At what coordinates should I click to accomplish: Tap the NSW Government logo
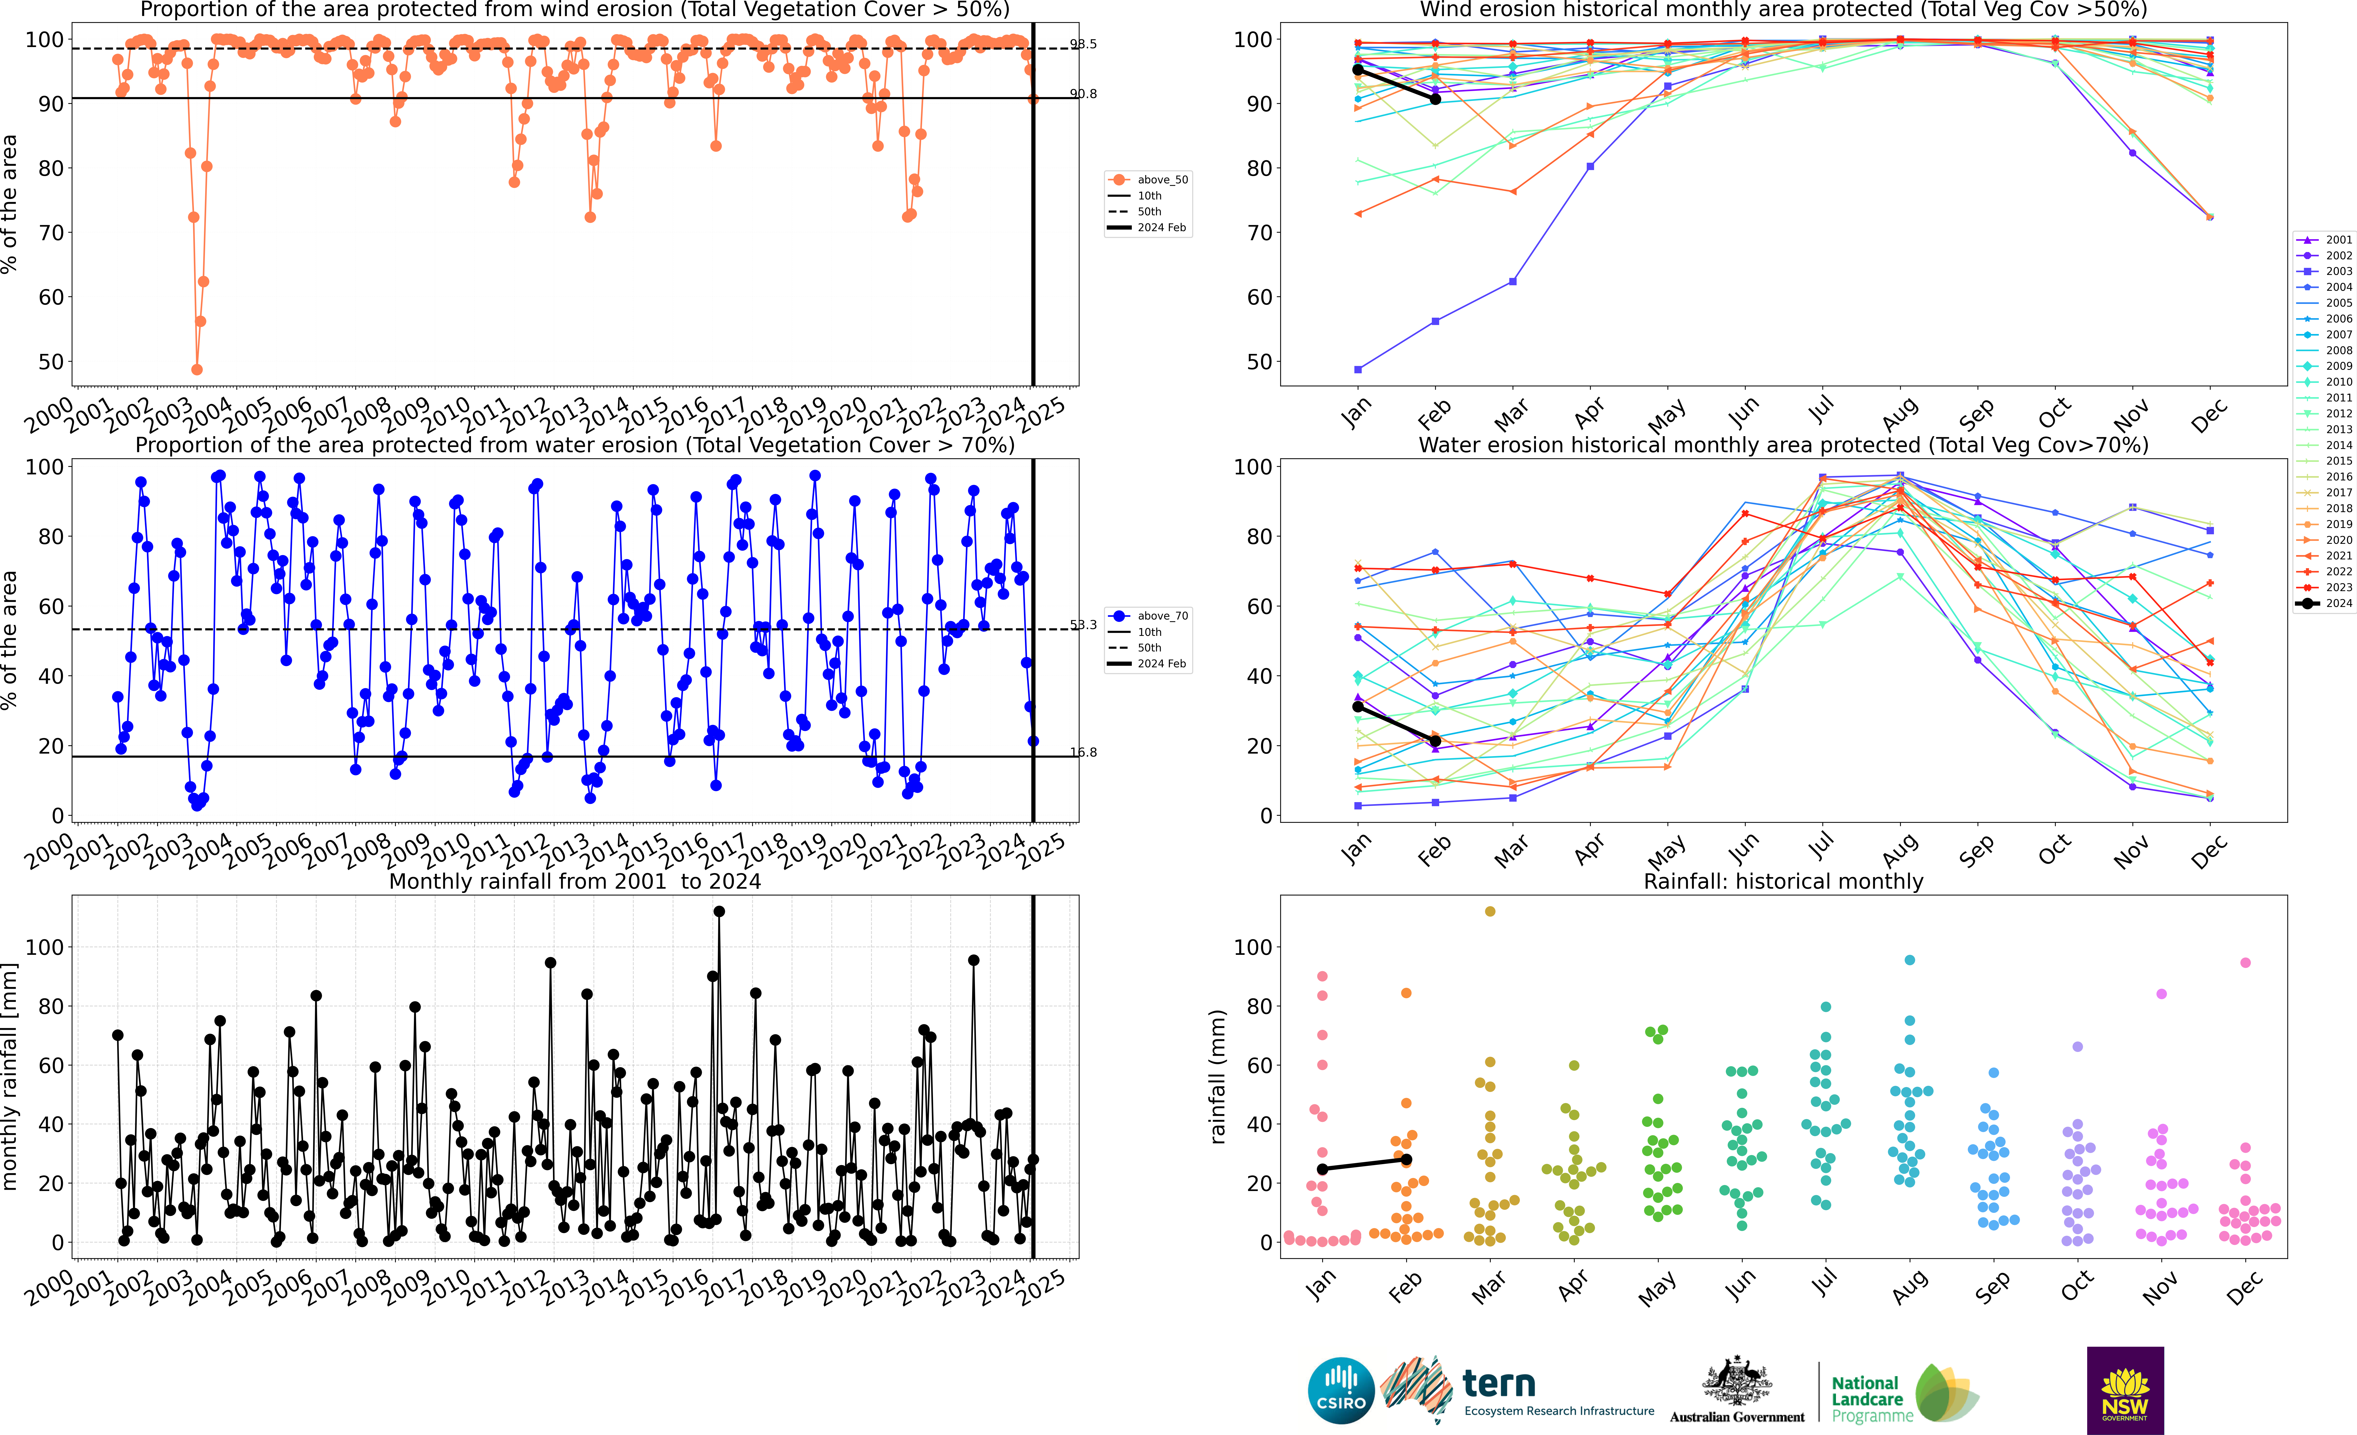pyautogui.click(x=2125, y=1390)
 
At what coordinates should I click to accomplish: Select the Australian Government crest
pyautogui.click(x=1736, y=1382)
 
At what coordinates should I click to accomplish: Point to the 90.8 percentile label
pyautogui.click(x=1083, y=94)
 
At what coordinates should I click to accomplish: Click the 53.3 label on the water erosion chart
pyautogui.click(x=1083, y=625)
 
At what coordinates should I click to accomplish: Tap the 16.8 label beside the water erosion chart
pyautogui.click(x=1083, y=752)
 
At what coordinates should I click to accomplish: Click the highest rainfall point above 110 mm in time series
pyautogui.click(x=719, y=912)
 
